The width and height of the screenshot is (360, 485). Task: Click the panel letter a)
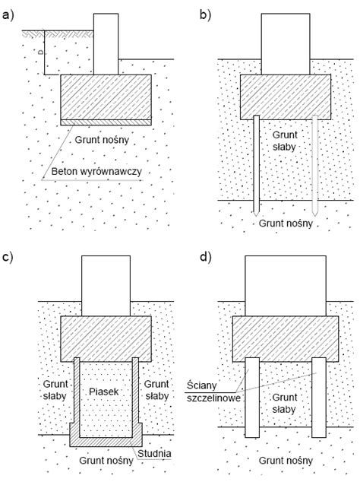coord(8,15)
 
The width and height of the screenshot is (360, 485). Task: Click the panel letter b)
coord(206,15)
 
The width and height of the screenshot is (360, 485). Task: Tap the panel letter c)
coord(8,258)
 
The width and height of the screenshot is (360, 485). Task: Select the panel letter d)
coord(206,258)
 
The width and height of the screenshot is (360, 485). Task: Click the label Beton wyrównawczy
coord(96,172)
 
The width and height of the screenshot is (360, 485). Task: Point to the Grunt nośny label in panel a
coord(102,140)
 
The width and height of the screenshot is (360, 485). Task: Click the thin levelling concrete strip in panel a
coord(106,122)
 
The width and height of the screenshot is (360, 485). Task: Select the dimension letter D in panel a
coord(40,52)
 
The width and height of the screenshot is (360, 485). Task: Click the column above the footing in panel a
coord(106,44)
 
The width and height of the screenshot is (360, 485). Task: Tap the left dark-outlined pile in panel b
coord(256,166)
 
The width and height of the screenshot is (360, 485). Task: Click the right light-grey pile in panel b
coord(315,166)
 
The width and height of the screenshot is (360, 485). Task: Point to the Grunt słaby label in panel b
coord(285,141)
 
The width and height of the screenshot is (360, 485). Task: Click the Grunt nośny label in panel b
coord(286,223)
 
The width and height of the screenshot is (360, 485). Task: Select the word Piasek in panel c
coord(104,391)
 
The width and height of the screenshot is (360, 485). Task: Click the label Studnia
coord(154,453)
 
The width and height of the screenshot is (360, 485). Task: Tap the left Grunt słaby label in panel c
coord(55,390)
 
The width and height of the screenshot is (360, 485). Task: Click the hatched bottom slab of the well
coord(106,442)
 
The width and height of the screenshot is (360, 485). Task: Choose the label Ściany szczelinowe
coord(213,391)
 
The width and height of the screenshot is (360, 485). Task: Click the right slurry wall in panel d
coord(319,398)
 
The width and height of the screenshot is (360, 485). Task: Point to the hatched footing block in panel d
coord(286,339)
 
